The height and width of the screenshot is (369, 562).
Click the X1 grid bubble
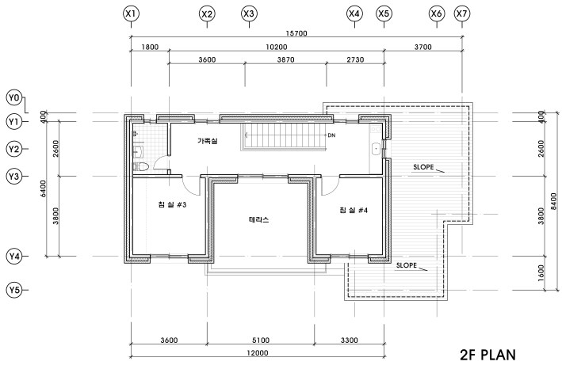click(x=132, y=13)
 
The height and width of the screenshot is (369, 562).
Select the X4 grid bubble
click(x=354, y=13)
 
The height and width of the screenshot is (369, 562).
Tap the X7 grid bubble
click(x=461, y=13)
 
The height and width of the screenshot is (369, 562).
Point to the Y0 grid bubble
click(x=13, y=97)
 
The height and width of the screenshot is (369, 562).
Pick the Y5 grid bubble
click(x=13, y=290)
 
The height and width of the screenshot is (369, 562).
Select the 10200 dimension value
click(x=275, y=48)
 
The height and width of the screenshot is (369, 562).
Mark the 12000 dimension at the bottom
click(x=258, y=353)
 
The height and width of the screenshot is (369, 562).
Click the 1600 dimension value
click(x=541, y=273)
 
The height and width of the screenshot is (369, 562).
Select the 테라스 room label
click(x=259, y=220)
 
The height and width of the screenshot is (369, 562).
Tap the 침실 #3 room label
click(x=172, y=206)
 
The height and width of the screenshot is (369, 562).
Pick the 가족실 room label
click(x=208, y=141)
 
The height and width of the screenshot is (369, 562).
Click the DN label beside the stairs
click(x=331, y=135)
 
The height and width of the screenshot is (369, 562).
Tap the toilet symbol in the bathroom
click(x=142, y=167)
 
